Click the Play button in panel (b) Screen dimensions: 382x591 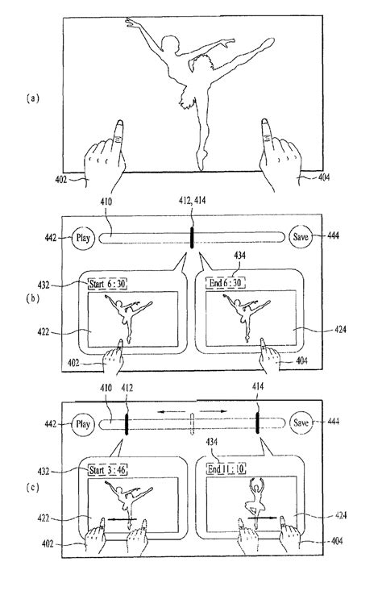click(x=83, y=238)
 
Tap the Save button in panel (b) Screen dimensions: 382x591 click(x=301, y=237)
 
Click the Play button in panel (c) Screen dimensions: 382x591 click(x=83, y=424)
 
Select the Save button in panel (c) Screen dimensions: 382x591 click(x=301, y=422)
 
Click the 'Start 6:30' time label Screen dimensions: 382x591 click(x=107, y=284)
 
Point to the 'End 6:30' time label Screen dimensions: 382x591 click(x=226, y=283)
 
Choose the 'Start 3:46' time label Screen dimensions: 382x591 click(x=107, y=470)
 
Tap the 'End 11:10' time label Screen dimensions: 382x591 click(x=226, y=468)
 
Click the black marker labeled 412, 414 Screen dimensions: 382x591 click(x=192, y=238)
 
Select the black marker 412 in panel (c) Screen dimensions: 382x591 click(x=127, y=424)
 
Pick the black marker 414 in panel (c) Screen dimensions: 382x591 click(x=258, y=423)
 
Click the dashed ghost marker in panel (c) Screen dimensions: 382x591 click(x=192, y=423)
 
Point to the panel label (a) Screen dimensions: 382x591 click(x=33, y=98)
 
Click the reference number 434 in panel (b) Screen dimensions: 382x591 click(x=239, y=256)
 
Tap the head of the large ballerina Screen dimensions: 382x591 click(x=170, y=44)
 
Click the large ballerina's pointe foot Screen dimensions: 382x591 click(x=201, y=160)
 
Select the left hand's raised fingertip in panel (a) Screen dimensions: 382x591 click(x=119, y=123)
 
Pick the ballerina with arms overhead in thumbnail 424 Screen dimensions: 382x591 click(x=255, y=497)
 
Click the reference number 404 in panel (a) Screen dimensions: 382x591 click(x=324, y=177)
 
